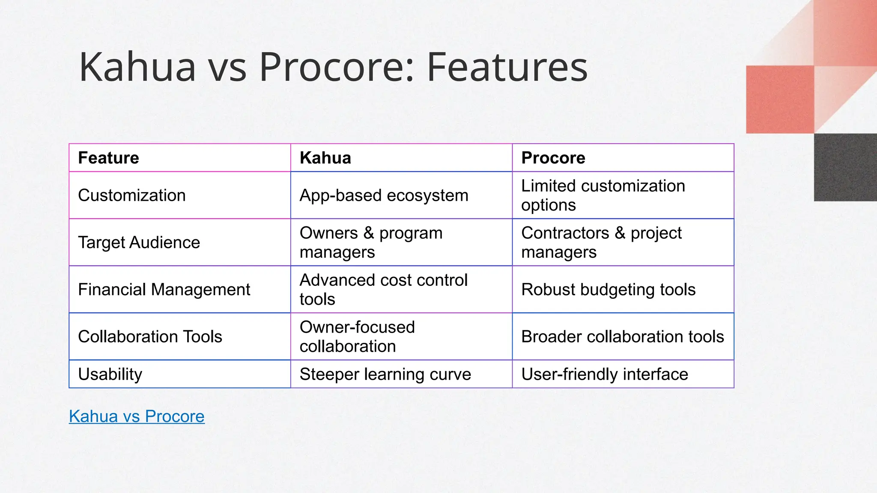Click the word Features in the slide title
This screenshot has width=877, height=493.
(507, 67)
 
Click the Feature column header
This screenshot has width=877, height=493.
(108, 158)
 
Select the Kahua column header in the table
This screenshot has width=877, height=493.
(325, 158)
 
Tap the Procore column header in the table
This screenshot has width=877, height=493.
(553, 158)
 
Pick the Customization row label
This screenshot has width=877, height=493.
(131, 196)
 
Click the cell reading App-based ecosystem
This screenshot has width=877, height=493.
(384, 196)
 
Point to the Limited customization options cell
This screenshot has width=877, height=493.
(603, 196)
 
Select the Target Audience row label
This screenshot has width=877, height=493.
(139, 243)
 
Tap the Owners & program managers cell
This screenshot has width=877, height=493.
(371, 243)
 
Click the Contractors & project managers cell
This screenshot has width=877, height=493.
(601, 243)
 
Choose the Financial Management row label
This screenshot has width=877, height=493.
(164, 290)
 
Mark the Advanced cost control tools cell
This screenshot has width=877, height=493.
(383, 290)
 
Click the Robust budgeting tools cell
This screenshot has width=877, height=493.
(608, 290)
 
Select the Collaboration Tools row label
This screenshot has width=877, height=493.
(150, 337)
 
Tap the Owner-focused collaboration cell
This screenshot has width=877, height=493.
(357, 337)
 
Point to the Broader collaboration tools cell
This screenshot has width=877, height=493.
(622, 337)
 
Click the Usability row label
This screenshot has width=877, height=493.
(110, 374)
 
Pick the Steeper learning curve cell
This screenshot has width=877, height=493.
(385, 374)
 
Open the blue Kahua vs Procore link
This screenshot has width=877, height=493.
(137, 416)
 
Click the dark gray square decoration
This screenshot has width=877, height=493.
(845, 167)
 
